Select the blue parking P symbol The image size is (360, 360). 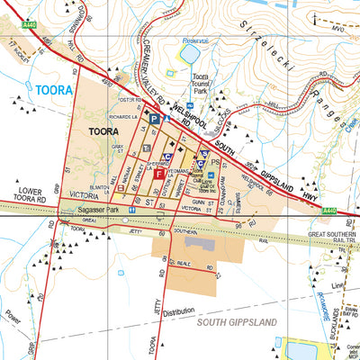[154, 119]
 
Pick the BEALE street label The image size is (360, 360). [184, 264]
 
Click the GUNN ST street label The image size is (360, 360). [186, 203]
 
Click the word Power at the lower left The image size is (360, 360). [12, 317]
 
